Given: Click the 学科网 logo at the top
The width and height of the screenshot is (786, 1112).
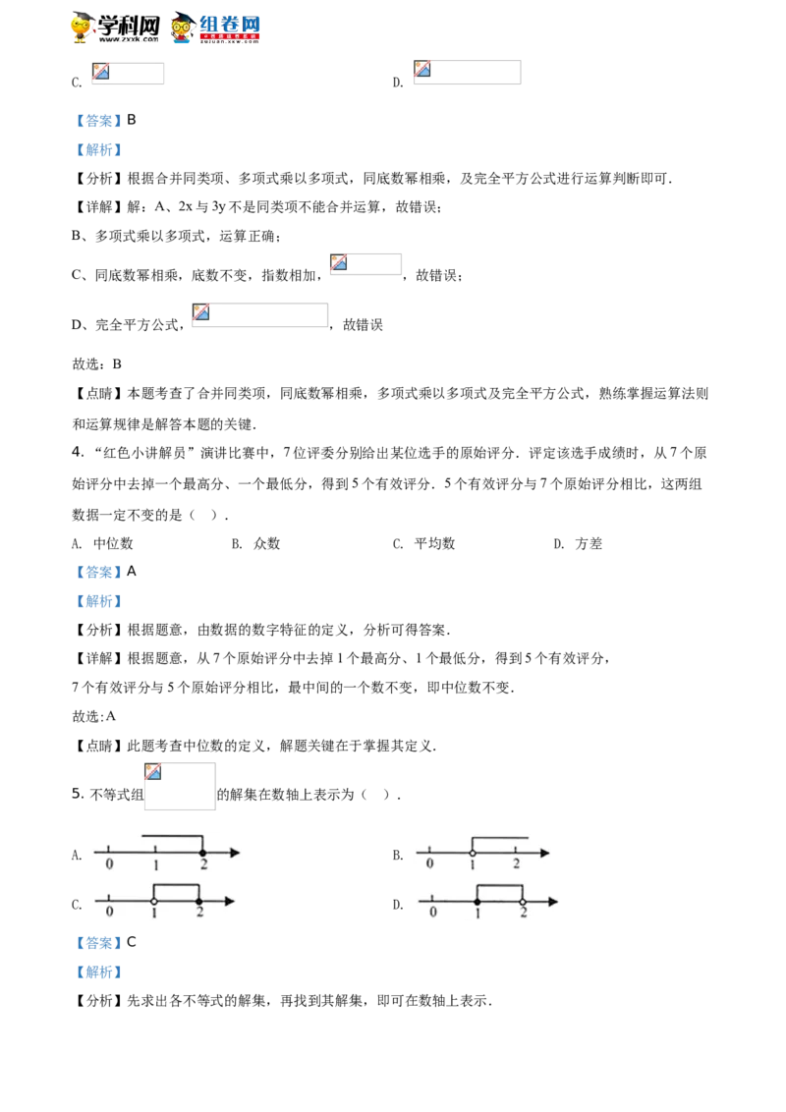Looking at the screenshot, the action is pos(116,28).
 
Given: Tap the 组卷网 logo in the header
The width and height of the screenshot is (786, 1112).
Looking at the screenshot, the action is pos(215,28).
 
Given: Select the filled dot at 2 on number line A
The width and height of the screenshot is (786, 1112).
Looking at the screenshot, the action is pos(202,853).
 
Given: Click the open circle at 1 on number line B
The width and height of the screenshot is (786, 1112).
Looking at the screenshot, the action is pos(473,853).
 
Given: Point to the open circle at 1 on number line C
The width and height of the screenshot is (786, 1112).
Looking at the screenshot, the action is pos(154,902).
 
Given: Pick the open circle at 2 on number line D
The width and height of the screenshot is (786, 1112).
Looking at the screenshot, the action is pos(523,902).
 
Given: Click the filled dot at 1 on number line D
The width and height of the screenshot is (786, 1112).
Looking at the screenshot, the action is pos(477,902).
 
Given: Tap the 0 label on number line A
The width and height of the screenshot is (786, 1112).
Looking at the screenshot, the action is pos(109,863).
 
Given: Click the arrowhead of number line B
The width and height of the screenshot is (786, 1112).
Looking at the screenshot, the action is pos(545,853).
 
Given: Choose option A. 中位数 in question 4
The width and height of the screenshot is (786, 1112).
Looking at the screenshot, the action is pos(102,544).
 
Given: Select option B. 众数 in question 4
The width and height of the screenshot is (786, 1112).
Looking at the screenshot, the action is pos(255,544).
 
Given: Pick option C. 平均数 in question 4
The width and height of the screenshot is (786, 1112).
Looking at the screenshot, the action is pos(423,544).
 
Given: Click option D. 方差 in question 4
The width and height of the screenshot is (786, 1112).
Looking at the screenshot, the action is pos(578,544).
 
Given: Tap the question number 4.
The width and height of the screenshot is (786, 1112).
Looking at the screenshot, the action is pos(78,453).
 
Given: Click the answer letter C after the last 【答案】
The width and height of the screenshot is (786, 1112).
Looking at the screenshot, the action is pos(132,942).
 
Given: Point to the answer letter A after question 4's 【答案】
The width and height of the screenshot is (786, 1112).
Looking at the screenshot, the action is pos(132,571).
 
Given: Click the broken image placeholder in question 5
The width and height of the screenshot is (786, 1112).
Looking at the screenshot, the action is pos(180,786).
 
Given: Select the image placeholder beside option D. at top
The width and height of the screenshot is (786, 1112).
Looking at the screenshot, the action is pos(467,73).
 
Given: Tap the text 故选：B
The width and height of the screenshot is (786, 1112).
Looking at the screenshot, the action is pos(96,363).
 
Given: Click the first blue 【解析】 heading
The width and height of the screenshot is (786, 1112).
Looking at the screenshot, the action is pos(98,149).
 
